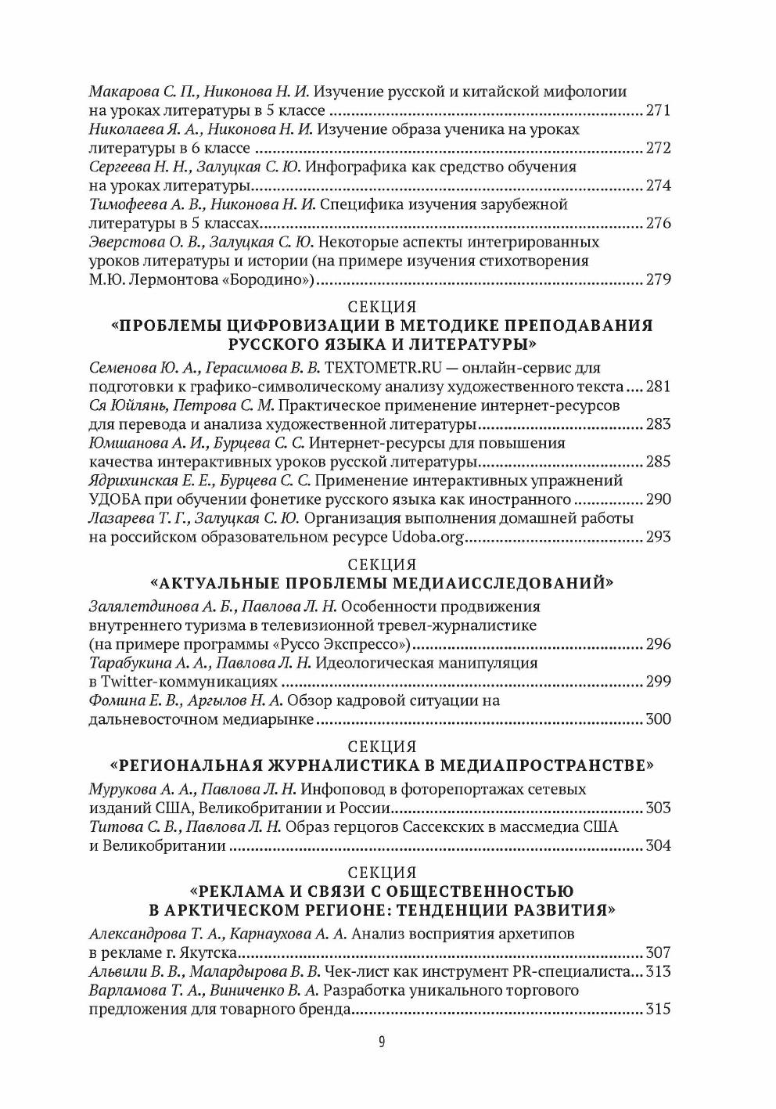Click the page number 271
click(x=658, y=110)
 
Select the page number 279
click(x=658, y=279)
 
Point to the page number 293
click(x=658, y=537)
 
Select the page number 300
click(x=658, y=719)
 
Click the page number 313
click(x=658, y=972)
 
